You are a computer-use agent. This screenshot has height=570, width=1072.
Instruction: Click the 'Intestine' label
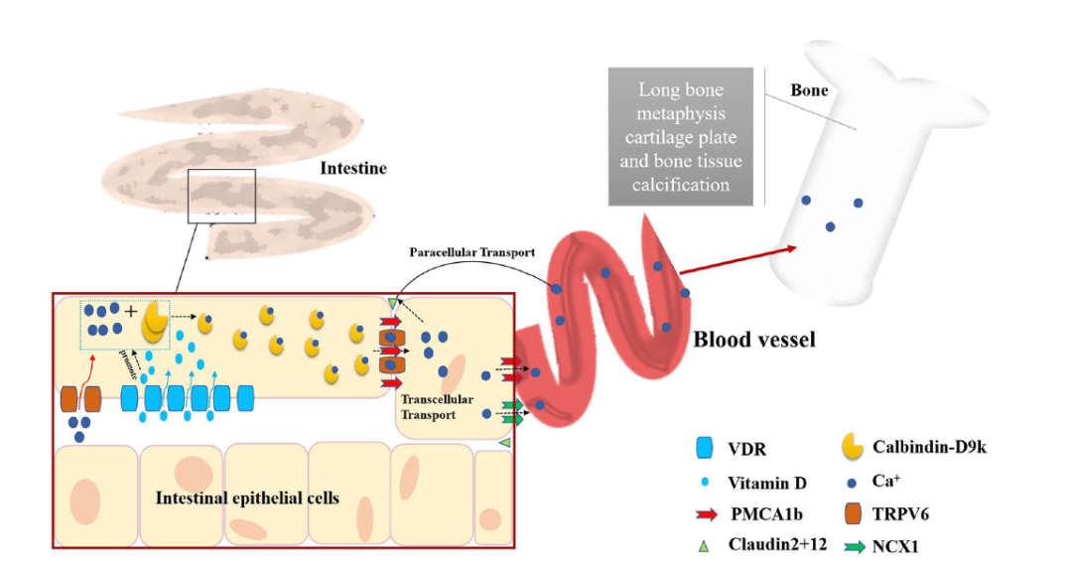[352, 170]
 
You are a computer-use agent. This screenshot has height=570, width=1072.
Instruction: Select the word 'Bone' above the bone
[809, 90]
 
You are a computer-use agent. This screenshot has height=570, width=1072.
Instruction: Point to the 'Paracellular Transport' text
[472, 252]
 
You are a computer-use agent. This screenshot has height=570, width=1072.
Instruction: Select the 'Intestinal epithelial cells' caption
[247, 498]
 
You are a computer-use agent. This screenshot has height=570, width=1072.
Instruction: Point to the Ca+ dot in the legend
[852, 483]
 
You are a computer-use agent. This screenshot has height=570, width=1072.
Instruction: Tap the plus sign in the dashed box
[131, 311]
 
